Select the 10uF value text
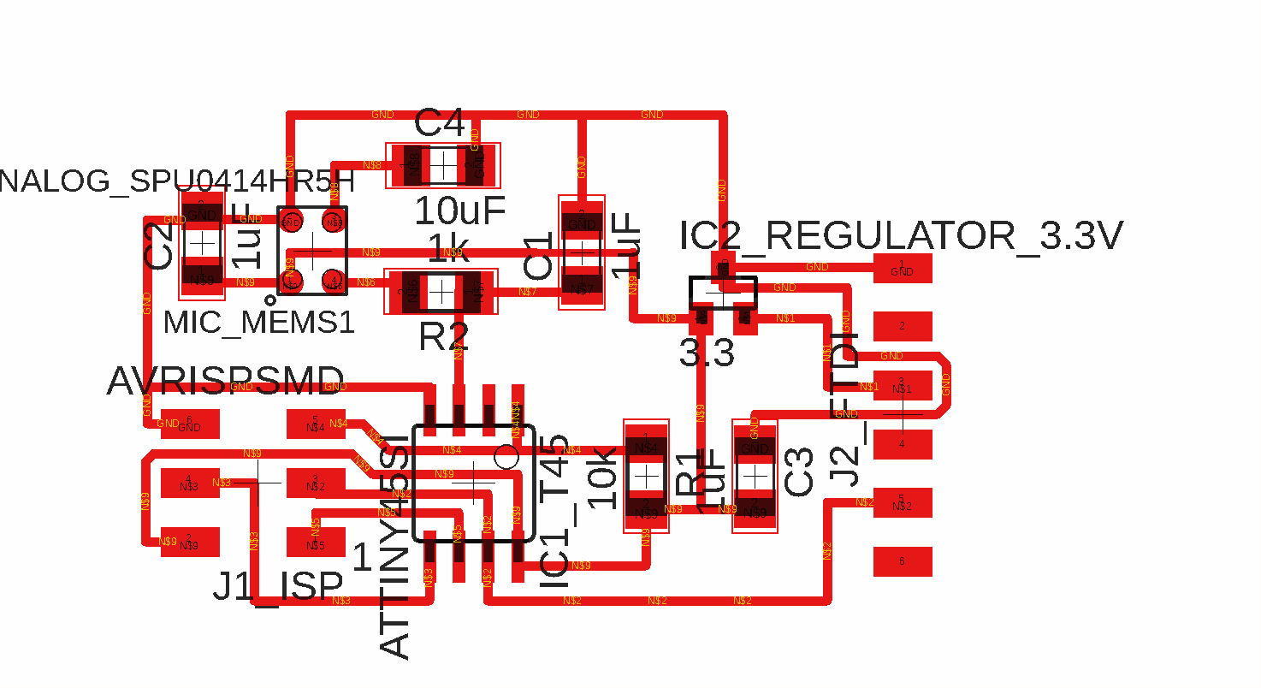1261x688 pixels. [x=459, y=211]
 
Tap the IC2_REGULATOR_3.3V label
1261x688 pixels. [x=901, y=236]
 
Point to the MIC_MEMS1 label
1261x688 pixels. [x=258, y=323]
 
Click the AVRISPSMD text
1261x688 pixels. [x=226, y=382]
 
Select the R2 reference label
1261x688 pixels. [x=443, y=337]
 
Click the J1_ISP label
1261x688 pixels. [x=278, y=587]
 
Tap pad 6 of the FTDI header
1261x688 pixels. [x=903, y=561]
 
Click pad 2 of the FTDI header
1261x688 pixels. [x=903, y=326]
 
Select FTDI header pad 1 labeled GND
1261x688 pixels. [x=903, y=270]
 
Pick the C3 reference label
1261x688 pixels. [x=799, y=472]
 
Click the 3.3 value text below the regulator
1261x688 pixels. [x=707, y=353]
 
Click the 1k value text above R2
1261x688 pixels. [x=449, y=249]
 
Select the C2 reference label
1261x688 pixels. [x=159, y=245]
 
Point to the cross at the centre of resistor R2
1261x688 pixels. [x=441, y=293]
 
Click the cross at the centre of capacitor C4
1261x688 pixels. [x=443, y=164]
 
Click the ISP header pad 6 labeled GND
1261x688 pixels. [x=189, y=424]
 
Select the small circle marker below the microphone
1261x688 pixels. [x=269, y=300]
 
